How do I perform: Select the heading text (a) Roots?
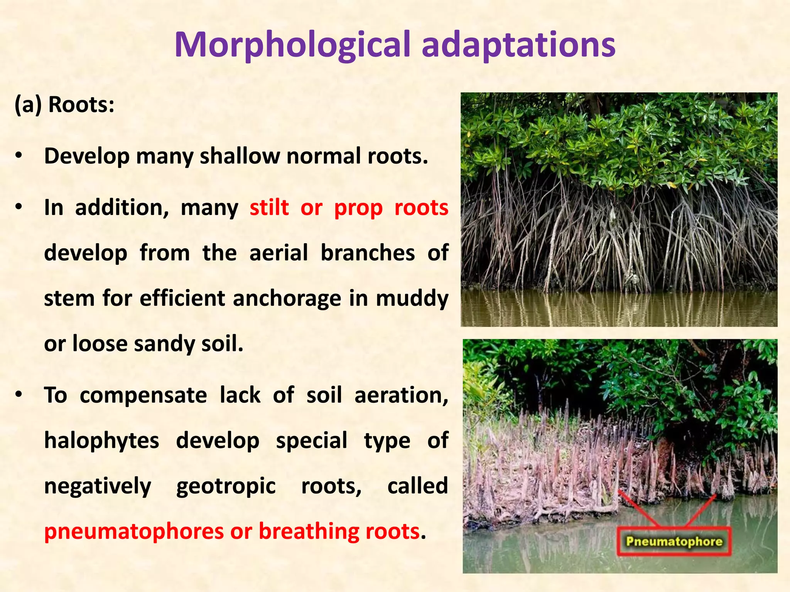coord(64,104)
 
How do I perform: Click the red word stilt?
coord(269,207)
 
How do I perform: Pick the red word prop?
coord(358,208)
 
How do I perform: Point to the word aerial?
coord(279,253)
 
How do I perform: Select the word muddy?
coord(412,299)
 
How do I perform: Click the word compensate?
coord(143,396)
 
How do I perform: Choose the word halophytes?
coord(101,441)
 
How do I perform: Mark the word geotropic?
coord(226,486)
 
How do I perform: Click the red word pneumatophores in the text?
coord(134,532)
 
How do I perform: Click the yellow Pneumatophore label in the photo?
coord(674,541)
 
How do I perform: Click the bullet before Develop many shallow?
coord(19,156)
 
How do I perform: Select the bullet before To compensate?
coord(19,395)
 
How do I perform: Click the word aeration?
coord(401,396)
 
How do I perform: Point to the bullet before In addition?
coord(19,207)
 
